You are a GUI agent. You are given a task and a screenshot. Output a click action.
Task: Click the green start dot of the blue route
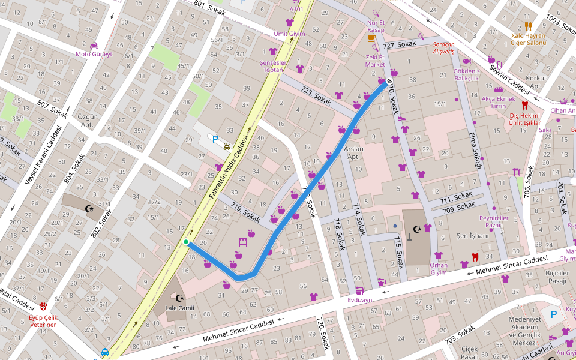tap(186, 242)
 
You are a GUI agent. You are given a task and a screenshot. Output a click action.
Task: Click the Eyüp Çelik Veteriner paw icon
tap(44, 306)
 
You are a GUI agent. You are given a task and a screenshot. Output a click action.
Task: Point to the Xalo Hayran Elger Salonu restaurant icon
tap(528, 26)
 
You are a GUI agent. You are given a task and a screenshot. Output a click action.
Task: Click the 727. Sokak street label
tap(399, 45)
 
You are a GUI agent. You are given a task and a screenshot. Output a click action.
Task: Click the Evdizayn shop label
tap(361, 299)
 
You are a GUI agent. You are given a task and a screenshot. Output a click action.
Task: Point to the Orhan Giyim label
tap(439, 268)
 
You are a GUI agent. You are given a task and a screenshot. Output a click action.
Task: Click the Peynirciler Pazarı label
tap(493, 221)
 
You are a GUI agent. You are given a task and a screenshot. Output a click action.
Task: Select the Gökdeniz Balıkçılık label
tap(466, 74)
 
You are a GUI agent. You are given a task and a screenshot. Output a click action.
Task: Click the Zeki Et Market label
tap(375, 61)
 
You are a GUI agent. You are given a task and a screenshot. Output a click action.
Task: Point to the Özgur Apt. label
tap(87, 120)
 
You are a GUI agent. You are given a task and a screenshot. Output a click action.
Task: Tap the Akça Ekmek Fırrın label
tap(498, 102)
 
